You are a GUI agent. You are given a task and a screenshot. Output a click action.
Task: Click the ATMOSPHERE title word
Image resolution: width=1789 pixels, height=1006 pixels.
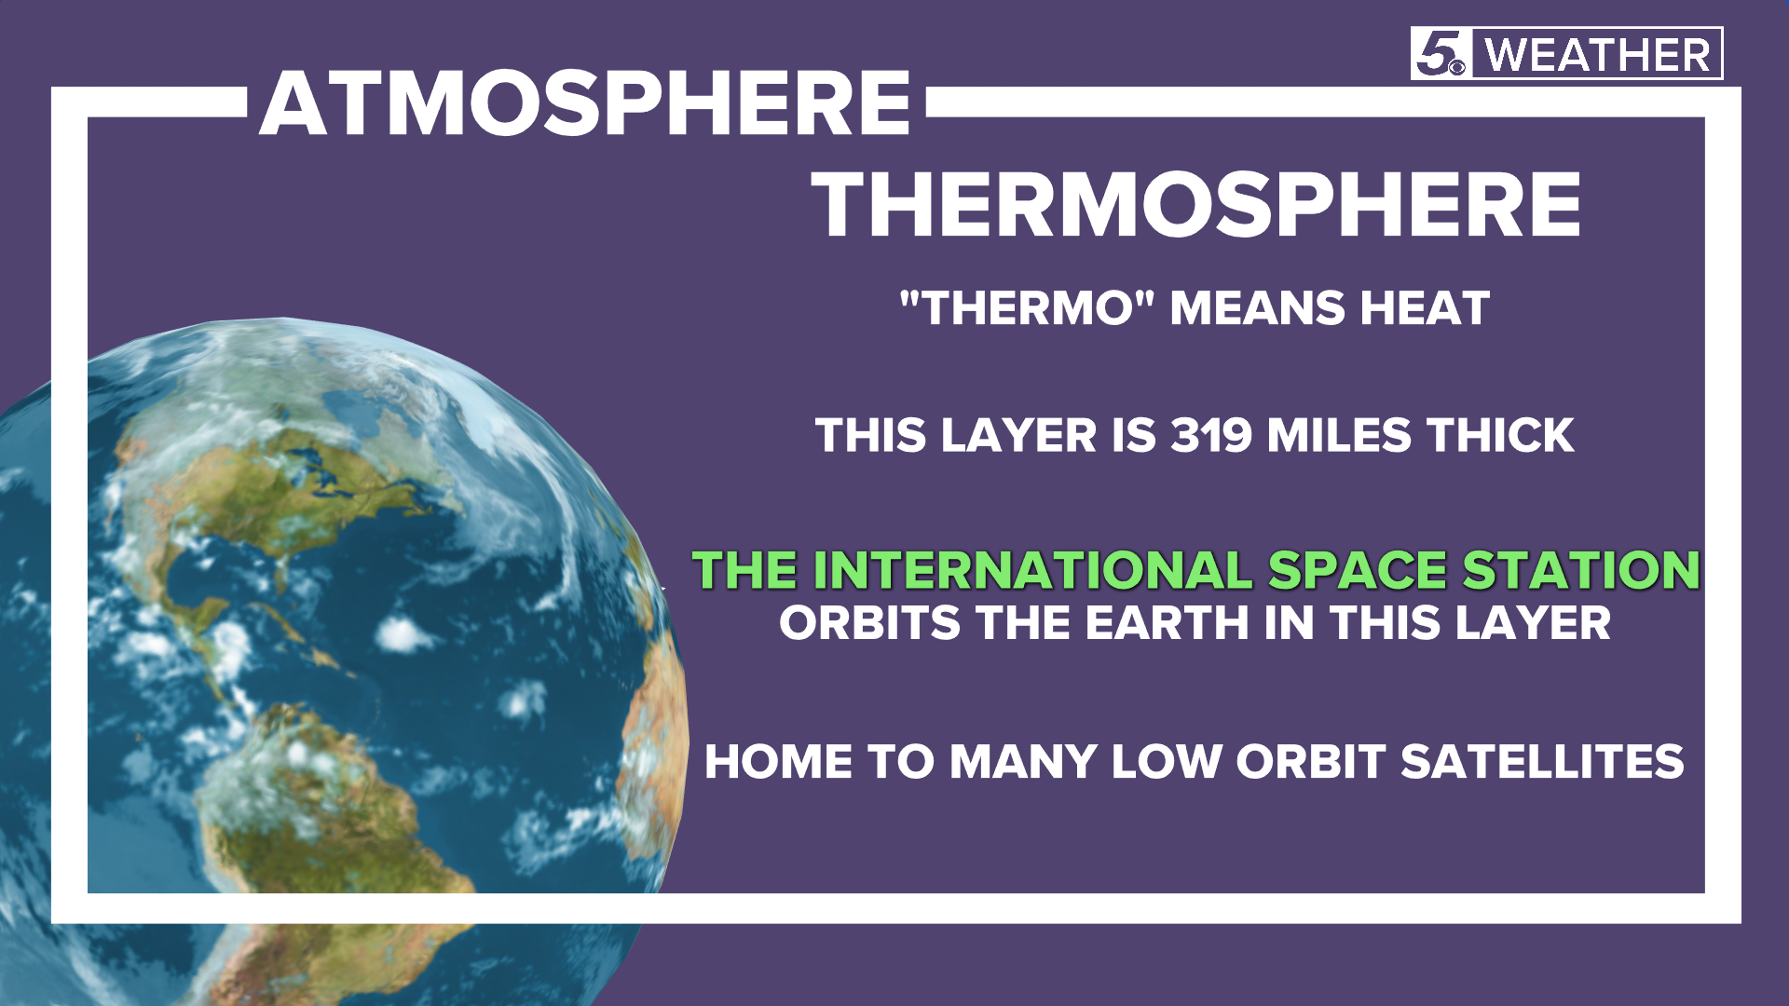point(584,103)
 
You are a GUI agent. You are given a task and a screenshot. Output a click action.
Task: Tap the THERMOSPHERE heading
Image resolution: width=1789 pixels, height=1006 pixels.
point(1196,206)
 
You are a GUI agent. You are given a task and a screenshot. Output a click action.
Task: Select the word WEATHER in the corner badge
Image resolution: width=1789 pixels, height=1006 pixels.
point(1597,55)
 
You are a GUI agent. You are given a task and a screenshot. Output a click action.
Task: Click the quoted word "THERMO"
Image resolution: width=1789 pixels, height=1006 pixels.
point(1027,308)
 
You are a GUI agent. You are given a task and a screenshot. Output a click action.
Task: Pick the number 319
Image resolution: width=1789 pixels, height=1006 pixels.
point(1210,435)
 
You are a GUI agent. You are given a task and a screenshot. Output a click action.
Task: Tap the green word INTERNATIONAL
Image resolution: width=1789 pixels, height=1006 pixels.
point(1032,569)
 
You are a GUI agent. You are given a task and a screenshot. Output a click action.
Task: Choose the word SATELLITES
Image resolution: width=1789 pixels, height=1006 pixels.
point(1542,761)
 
